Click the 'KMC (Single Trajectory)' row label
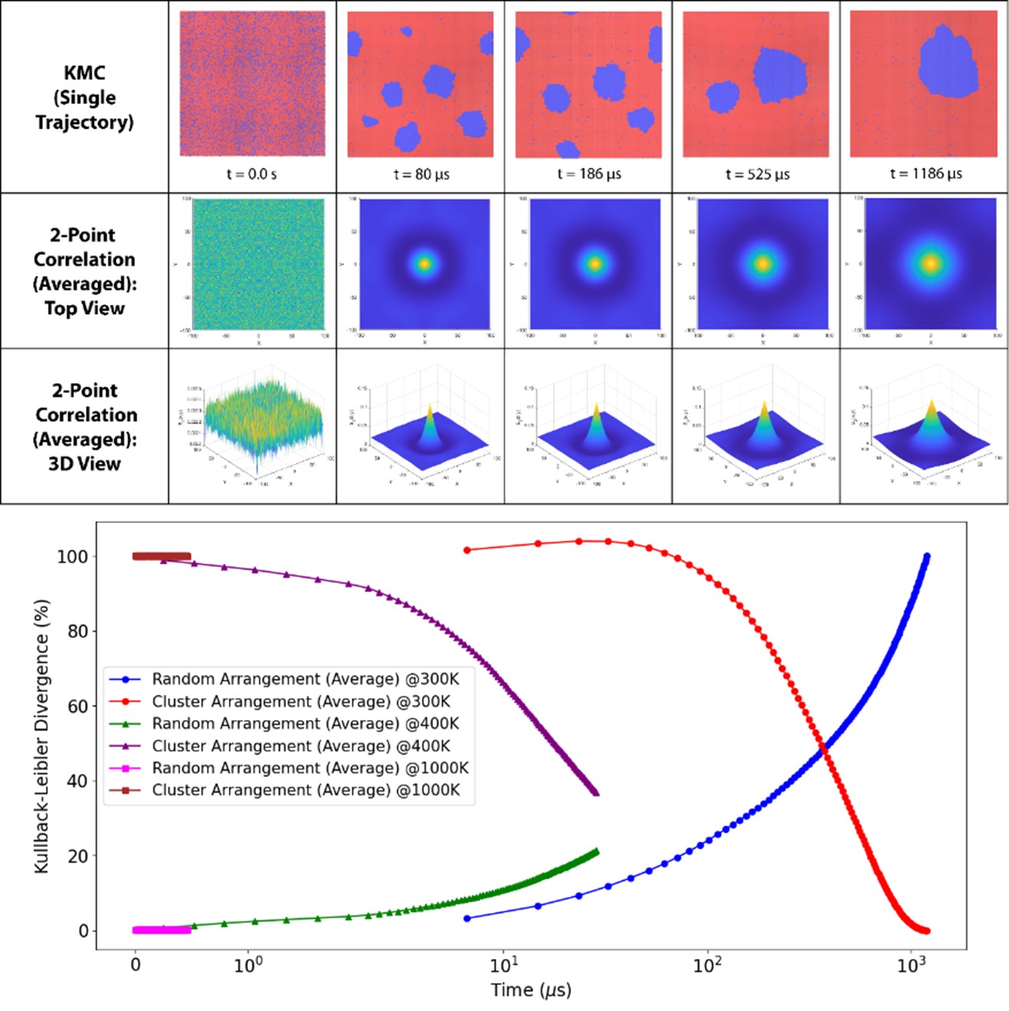[x=84, y=97]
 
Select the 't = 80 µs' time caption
[x=421, y=175]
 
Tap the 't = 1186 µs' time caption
[x=925, y=174]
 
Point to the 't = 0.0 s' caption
[x=251, y=175]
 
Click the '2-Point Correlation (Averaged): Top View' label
[x=84, y=271]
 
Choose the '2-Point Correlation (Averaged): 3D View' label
[x=85, y=427]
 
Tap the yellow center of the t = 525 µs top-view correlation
[x=762, y=263]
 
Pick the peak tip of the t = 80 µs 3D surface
[x=429, y=405]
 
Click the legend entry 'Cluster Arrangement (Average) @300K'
[x=301, y=702]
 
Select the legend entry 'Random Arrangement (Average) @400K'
[x=306, y=724]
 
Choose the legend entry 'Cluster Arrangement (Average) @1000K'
[x=306, y=790]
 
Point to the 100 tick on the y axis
[x=72, y=557]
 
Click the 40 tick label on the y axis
[x=77, y=781]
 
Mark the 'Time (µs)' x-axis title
[x=531, y=990]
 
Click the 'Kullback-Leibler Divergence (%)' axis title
[x=42, y=736]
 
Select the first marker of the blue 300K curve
[x=467, y=918]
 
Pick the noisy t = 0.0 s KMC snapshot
[x=252, y=83]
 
